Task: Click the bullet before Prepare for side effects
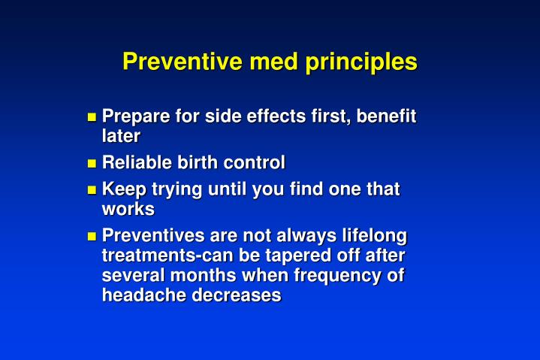[92, 117]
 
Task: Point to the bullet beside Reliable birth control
[92, 163]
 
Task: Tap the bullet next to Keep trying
[92, 190]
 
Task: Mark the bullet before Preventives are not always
[92, 236]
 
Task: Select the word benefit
[387, 116]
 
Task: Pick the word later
[121, 136]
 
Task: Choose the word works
[128, 209]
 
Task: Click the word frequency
[342, 275]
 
